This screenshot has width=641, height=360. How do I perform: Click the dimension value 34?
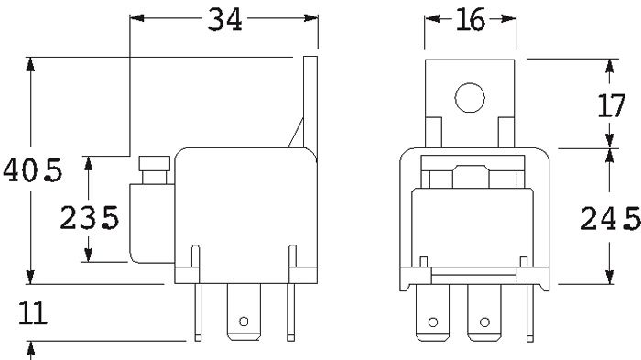[224, 19]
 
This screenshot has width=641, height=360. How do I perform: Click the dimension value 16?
[470, 19]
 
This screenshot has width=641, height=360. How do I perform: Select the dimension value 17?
[611, 105]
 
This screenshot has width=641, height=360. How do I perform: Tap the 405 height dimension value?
[33, 170]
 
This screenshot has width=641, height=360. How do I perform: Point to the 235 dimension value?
[90, 217]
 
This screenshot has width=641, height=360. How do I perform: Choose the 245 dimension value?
[611, 218]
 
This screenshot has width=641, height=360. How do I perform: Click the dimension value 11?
[33, 313]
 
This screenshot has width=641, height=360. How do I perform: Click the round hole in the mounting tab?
[470, 98]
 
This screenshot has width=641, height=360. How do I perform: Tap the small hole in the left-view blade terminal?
[244, 322]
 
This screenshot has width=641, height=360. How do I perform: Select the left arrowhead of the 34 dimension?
[137, 18]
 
